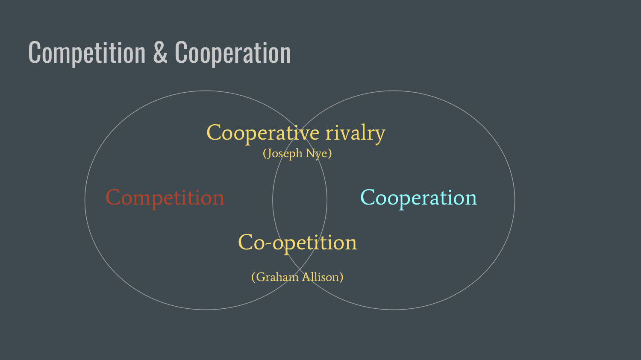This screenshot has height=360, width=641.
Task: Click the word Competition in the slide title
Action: coord(87,53)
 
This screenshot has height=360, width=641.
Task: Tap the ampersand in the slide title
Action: coord(160,53)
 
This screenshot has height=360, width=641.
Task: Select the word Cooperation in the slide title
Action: coord(233,53)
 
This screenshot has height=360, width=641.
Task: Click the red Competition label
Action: coord(165,198)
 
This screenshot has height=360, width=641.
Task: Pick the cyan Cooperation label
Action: coord(418,198)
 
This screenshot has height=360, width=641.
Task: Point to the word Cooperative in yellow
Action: coord(263,133)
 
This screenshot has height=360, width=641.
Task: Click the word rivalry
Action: coord(355,133)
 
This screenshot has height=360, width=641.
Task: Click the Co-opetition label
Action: coord(297,243)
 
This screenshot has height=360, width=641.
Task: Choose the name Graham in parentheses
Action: coord(277,277)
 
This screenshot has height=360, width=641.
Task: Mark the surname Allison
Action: coord(320,277)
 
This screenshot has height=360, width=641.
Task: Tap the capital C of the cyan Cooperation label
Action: coord(368,198)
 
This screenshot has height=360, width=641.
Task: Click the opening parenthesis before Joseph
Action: coord(265,153)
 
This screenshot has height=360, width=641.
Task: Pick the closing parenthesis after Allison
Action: coord(341,277)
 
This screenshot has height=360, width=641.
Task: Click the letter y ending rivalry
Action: coord(379,135)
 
